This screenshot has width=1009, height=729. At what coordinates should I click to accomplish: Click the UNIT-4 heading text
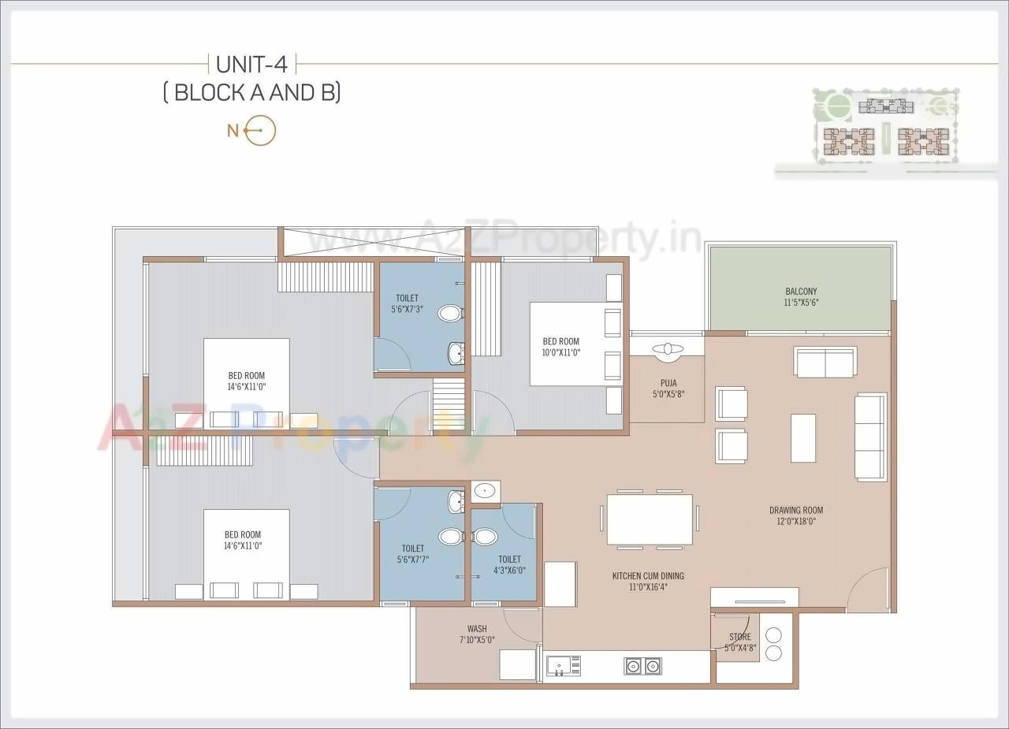(251, 65)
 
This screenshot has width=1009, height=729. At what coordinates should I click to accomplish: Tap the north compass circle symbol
(261, 131)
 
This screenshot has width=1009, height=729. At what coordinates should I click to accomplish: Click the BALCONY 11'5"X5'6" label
(801, 297)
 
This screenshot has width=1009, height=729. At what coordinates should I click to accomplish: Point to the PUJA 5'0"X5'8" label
(668, 389)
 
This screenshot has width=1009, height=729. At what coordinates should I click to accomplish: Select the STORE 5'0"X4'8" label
(739, 642)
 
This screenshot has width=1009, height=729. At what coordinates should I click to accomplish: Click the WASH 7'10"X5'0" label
(476, 634)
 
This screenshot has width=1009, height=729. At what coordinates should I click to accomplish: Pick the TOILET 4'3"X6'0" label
(509, 564)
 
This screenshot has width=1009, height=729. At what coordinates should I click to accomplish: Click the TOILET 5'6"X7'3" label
(407, 303)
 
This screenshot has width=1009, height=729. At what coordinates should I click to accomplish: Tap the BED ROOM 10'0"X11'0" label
(560, 347)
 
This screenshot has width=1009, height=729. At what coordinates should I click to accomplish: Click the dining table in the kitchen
(650, 519)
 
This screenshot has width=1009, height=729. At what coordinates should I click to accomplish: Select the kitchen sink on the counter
(563, 666)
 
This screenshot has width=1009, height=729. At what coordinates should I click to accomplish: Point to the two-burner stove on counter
(642, 667)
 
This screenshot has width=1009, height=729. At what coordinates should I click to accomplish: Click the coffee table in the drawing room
(803, 437)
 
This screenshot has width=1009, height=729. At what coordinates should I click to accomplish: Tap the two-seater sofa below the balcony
(825, 362)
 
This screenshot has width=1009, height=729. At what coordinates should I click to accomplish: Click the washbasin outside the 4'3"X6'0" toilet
(483, 492)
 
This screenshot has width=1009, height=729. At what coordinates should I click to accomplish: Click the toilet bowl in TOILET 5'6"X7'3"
(449, 314)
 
